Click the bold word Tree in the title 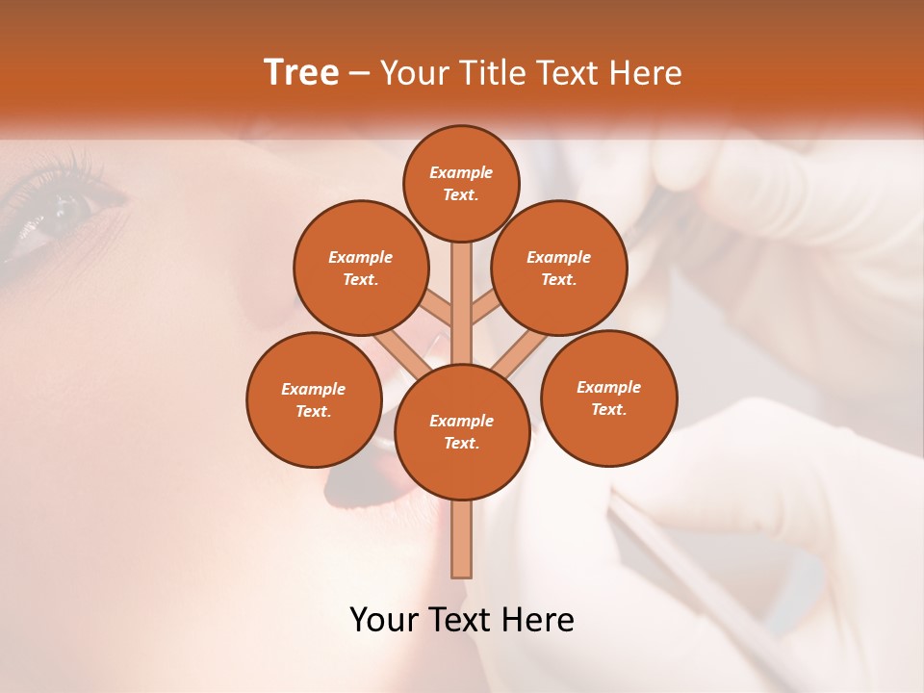301,73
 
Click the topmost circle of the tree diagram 461,183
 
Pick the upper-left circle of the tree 360,268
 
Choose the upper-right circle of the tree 558,268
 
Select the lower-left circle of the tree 314,399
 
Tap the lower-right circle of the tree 608,398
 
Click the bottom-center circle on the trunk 462,431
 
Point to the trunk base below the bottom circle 462,539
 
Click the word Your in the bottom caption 383,620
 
